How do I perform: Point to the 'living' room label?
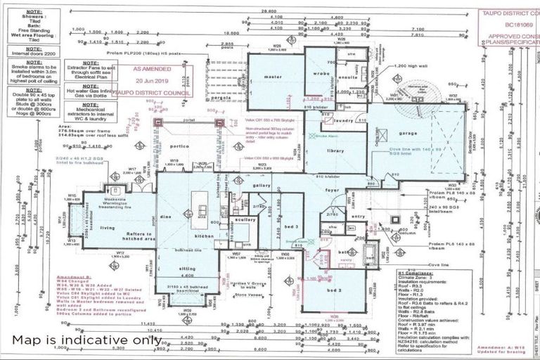(x=108, y=228)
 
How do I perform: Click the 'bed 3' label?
(x=274, y=229)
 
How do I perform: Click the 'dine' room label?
(x=166, y=217)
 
